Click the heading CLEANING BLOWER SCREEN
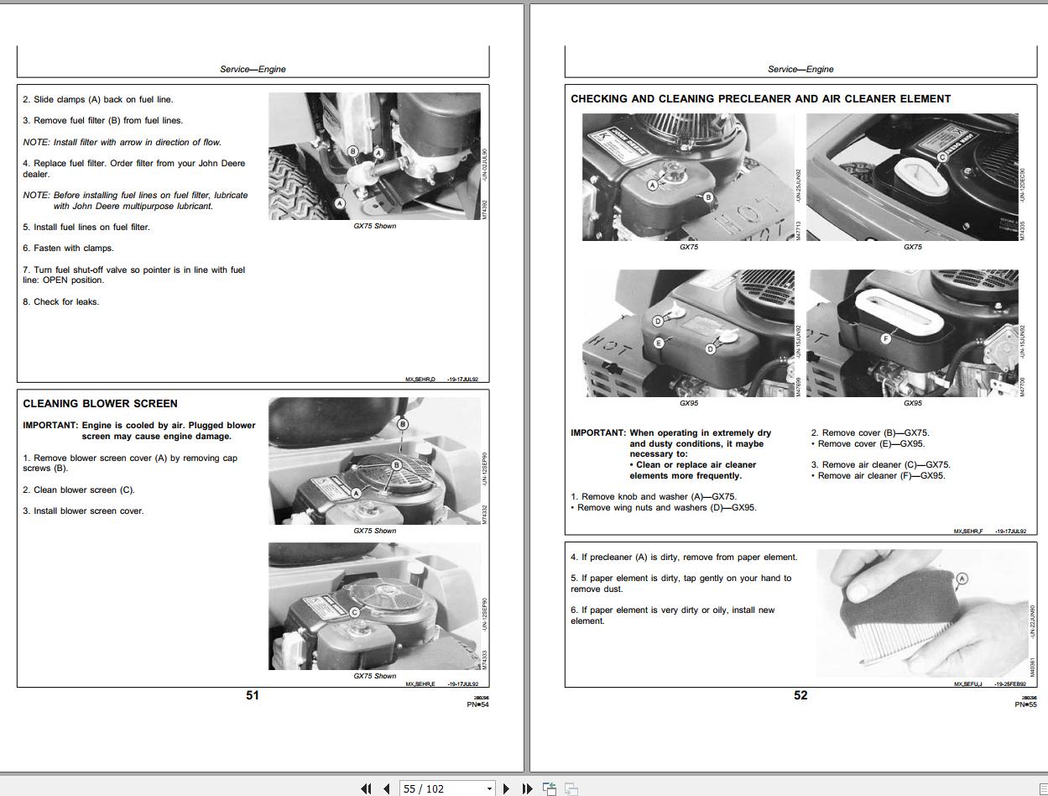coord(100,404)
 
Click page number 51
coord(253,695)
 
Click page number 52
coord(800,695)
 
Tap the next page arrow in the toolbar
coord(506,788)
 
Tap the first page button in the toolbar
coord(366,788)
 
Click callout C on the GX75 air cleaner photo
coord(942,157)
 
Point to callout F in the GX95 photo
coord(885,339)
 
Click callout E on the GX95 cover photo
coord(659,343)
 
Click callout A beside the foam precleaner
coord(962,579)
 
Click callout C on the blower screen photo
coord(354,612)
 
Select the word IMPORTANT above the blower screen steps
coord(50,426)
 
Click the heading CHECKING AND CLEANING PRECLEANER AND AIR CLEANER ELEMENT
coord(760,99)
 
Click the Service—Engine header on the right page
coord(800,69)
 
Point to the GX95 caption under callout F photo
coord(912,403)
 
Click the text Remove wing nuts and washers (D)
coord(666,508)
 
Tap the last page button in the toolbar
coord(527,788)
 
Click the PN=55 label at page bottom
coord(1025,704)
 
